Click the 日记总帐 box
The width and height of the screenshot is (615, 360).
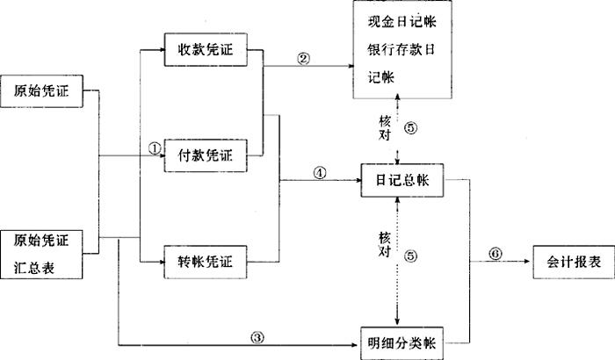[x=402, y=180]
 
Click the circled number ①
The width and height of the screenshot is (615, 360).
[x=154, y=150]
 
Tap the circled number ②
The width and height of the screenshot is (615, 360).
[x=304, y=59]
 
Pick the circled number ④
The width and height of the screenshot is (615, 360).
[x=319, y=174]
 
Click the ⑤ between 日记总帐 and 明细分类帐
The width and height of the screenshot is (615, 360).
[x=413, y=256]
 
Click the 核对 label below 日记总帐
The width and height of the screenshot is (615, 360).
[x=384, y=244]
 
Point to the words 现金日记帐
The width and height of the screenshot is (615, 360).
[x=399, y=22]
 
